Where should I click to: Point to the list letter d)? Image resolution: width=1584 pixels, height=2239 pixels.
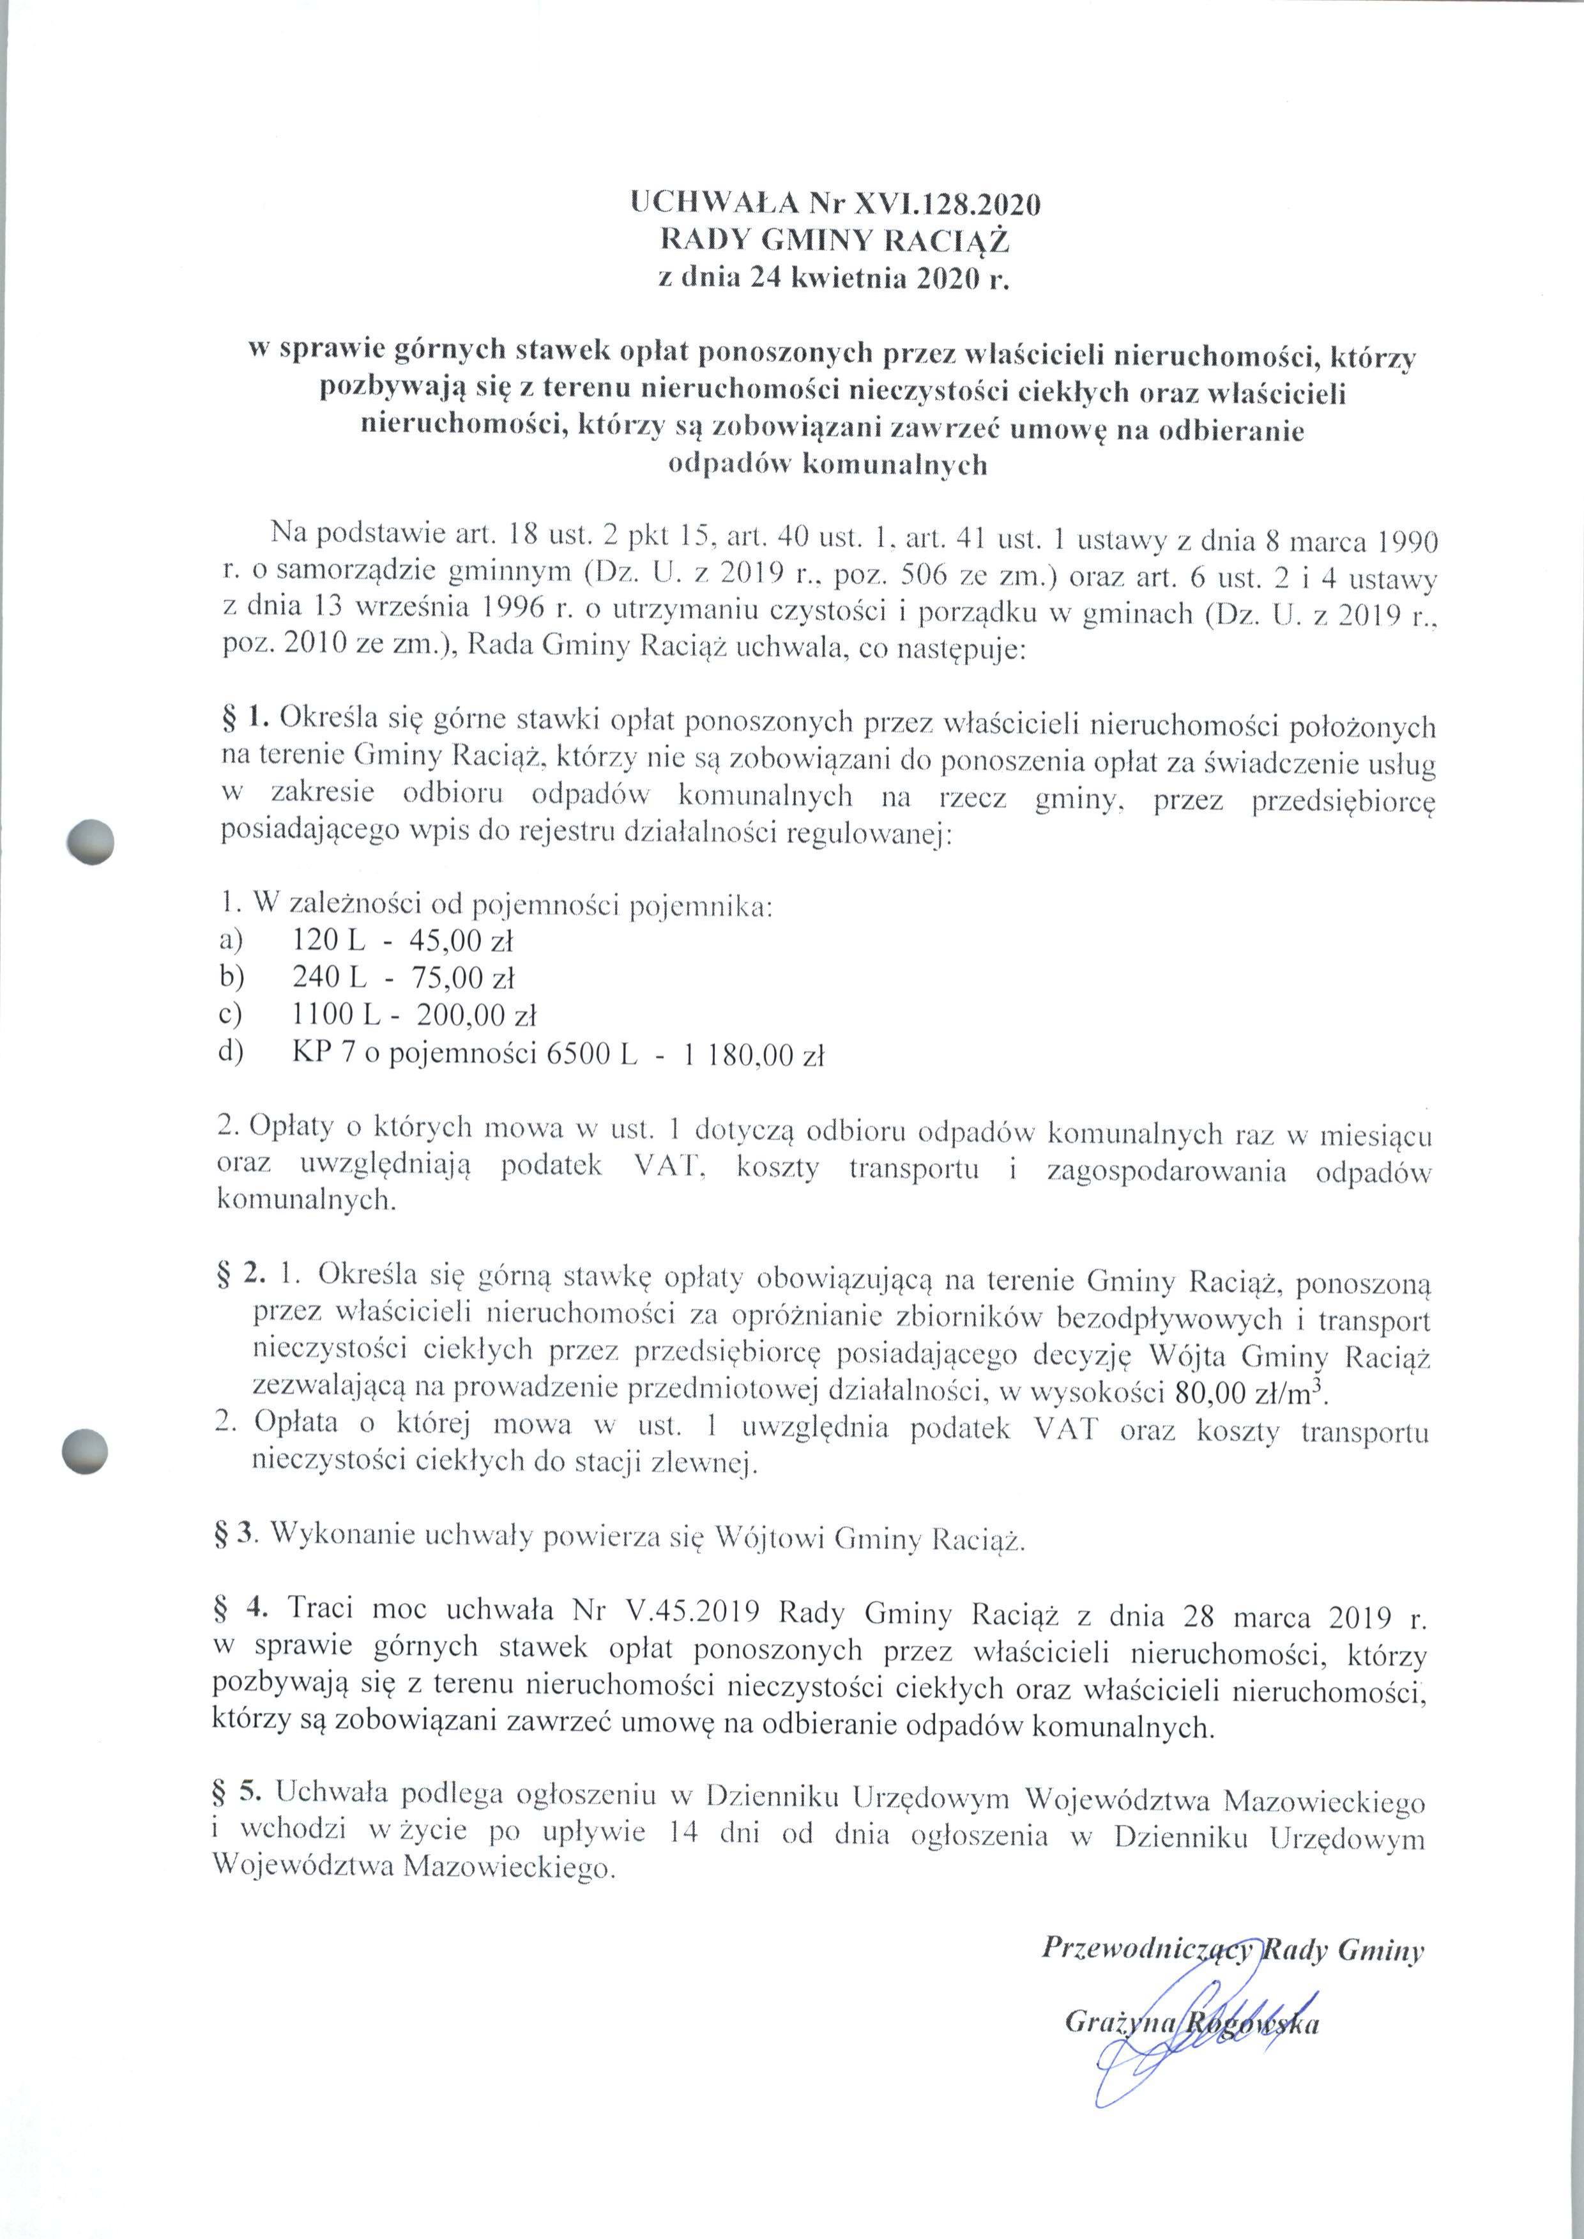coord(231,1056)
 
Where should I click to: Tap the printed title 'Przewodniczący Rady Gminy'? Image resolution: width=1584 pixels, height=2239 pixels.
coord(1233,1950)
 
